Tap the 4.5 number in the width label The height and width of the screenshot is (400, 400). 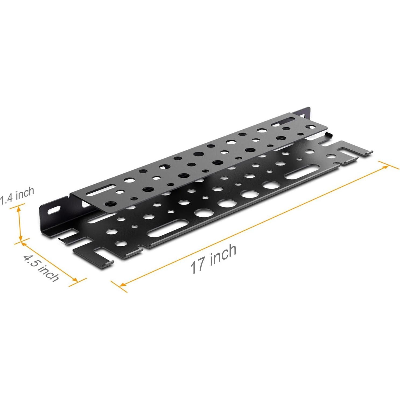(31, 261)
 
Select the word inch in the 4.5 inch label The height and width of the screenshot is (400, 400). (49, 273)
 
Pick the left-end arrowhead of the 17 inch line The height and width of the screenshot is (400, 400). (122, 284)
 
